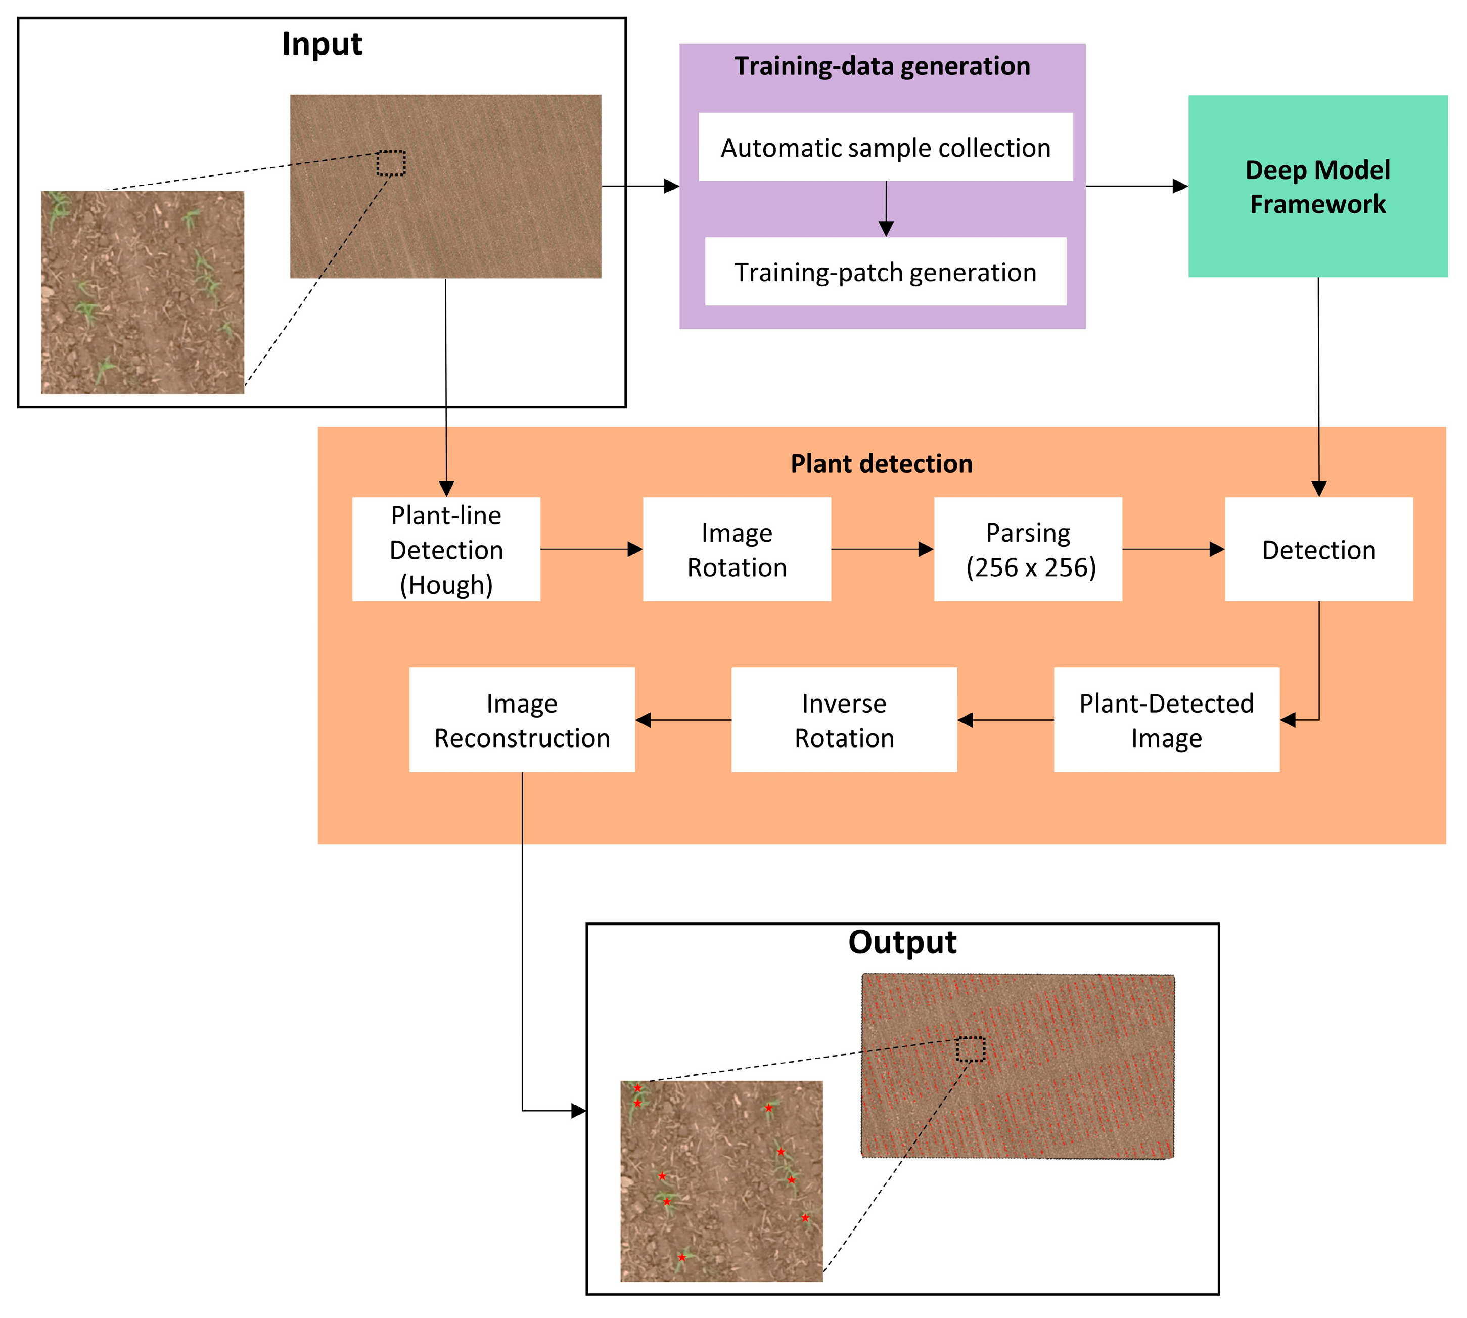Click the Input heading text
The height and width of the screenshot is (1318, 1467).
322,44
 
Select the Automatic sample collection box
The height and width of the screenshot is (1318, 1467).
885,147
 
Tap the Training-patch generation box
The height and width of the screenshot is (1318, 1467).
885,272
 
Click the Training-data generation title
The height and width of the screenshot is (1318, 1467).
882,66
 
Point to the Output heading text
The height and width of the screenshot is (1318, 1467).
902,942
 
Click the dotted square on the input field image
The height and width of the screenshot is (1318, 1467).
391,163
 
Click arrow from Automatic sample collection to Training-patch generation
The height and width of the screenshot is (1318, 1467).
885,208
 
